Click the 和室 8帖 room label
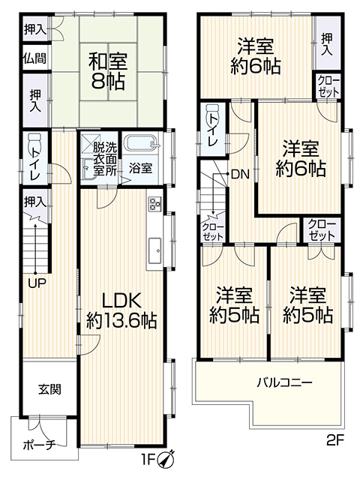tap(108, 70)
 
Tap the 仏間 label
tap(35, 58)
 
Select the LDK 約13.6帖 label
tap(121, 310)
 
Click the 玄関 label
tap(49, 389)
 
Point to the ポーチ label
tap(40, 445)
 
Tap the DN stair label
tap(241, 175)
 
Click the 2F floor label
tap(335, 442)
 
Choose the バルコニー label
tap(284, 383)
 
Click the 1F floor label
tap(148, 459)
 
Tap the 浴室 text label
tap(140, 169)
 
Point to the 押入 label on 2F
tap(327, 45)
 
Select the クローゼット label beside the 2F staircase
tap(213, 232)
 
